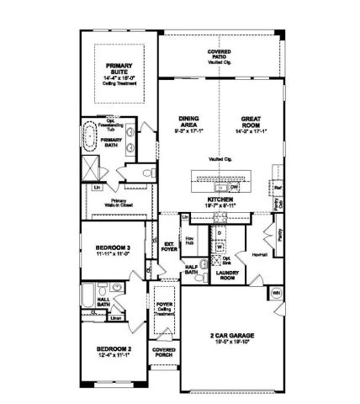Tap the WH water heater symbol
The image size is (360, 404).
pyautogui.click(x=276, y=293)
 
